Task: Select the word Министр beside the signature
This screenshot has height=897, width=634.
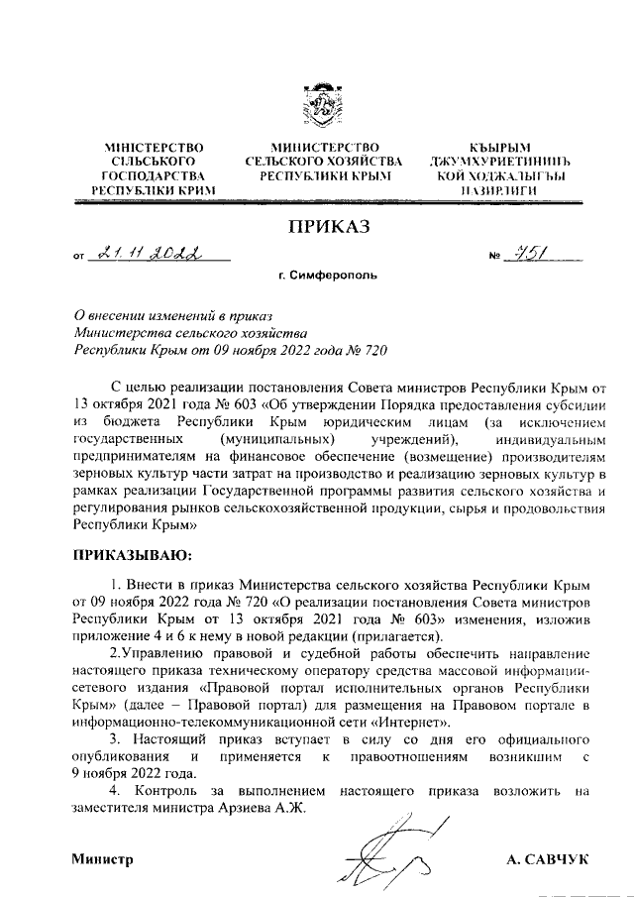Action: tap(101, 859)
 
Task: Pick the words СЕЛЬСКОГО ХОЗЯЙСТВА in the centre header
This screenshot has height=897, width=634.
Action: tap(323, 161)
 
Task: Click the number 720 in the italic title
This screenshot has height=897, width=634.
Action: tap(370, 349)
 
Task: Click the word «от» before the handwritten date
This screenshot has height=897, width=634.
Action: tap(79, 260)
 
